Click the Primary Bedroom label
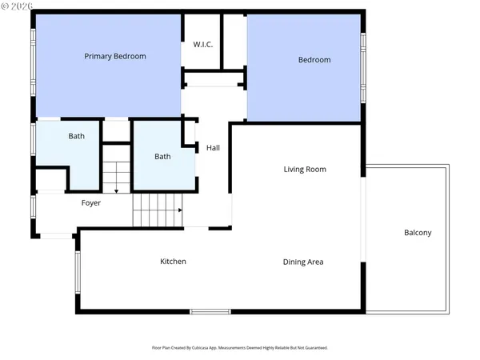pyautogui.click(x=116, y=57)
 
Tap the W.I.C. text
pyautogui.click(x=202, y=44)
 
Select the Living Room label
pyautogui.click(x=305, y=170)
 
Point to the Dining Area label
pyautogui.click(x=303, y=262)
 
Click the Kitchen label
pyautogui.click(x=173, y=262)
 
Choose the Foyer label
pyautogui.click(x=91, y=203)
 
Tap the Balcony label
pyautogui.click(x=417, y=233)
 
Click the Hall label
pyautogui.click(x=213, y=148)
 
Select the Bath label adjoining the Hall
pyautogui.click(x=162, y=157)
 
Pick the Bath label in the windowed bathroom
pyautogui.click(x=76, y=137)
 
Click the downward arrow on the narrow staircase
pyautogui.click(x=116, y=190)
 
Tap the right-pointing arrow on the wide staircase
pyautogui.click(x=180, y=210)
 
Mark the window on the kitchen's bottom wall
pyautogui.click(x=210, y=311)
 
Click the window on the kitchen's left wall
pyautogui.click(x=78, y=271)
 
